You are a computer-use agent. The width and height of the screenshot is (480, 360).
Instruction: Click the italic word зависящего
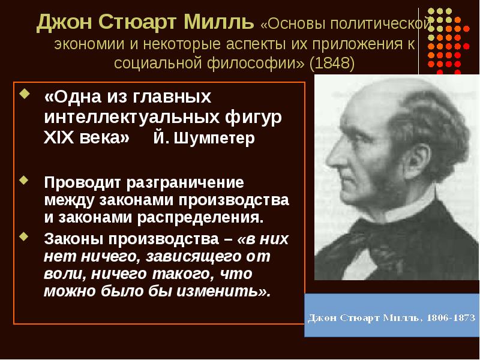tap(173, 258)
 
